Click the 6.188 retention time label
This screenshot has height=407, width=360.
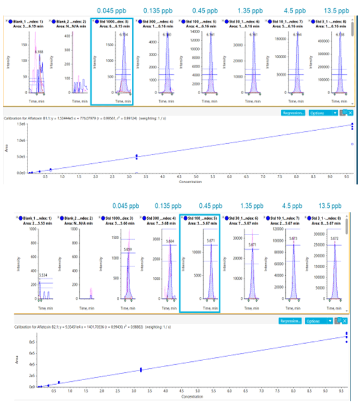point(39,51)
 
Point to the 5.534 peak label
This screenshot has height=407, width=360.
point(43,275)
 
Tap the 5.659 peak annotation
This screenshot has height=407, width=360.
point(127,249)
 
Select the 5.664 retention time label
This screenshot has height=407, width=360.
point(170,241)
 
